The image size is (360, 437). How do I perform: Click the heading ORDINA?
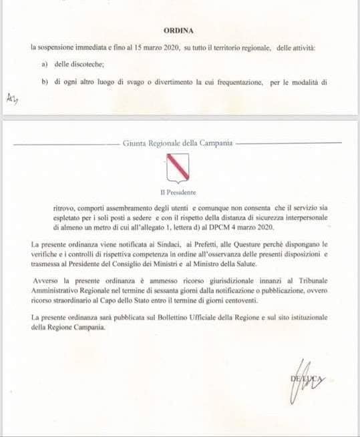tap(179, 31)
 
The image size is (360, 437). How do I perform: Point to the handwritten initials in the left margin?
tap(11, 99)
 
